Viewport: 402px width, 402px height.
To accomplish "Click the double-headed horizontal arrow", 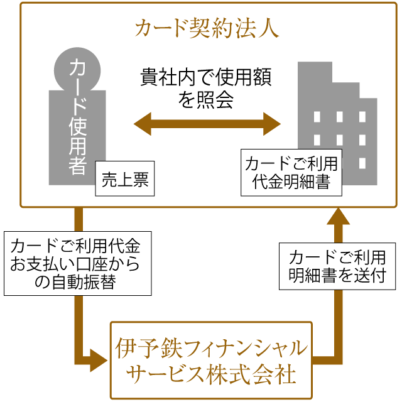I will (207, 123).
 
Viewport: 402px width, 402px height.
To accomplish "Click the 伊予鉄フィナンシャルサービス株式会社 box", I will (211, 360).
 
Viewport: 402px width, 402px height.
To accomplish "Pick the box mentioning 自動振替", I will (77, 263).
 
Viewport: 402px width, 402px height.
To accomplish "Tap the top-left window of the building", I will (317, 117).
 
